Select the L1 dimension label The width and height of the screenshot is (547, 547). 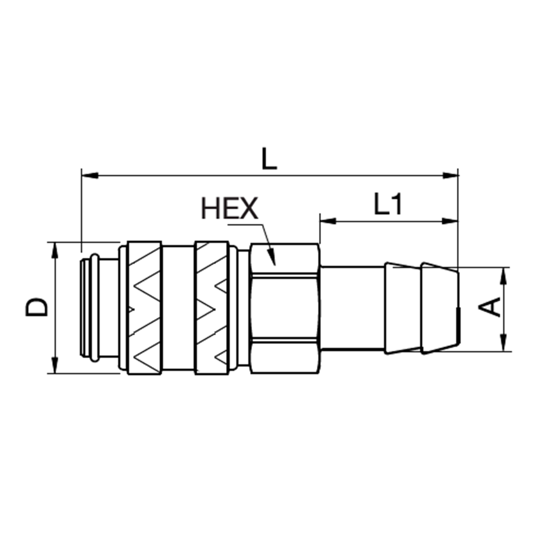pyautogui.click(x=388, y=205)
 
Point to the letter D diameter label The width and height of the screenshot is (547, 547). pyautogui.click(x=37, y=307)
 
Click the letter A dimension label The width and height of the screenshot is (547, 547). pyautogui.click(x=491, y=307)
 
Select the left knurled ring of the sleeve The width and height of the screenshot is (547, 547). pyautogui.click(x=144, y=307)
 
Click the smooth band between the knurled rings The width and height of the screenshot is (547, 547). pyautogui.click(x=178, y=307)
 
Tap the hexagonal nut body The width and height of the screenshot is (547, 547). pyautogui.click(x=283, y=307)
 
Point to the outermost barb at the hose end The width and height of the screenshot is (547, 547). pyautogui.click(x=439, y=307)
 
